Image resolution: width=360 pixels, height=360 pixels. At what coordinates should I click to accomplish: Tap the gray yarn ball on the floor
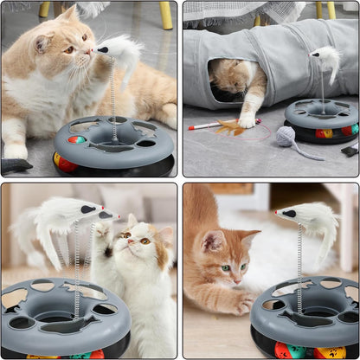pos(286,136)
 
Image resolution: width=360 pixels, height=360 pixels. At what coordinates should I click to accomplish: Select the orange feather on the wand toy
pos(228,127)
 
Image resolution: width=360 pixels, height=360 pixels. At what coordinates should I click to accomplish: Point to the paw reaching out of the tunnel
pos(249,120)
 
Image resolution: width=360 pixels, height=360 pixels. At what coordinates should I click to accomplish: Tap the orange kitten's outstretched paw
pos(245,302)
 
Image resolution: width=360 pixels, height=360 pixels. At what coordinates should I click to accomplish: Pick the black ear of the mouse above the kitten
pos(289,213)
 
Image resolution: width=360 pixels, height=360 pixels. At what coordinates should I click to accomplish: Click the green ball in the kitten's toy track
pos(292,350)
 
